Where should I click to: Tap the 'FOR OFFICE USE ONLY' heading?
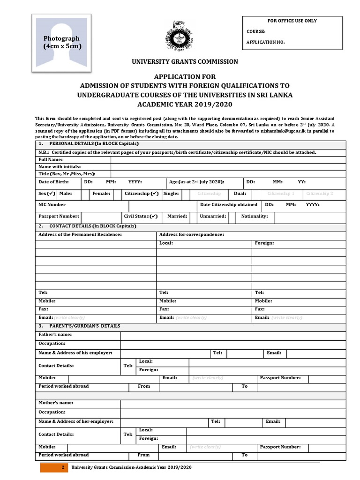292,21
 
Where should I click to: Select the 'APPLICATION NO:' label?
265,43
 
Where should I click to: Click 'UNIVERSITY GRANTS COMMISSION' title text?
185,61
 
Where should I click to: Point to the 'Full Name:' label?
51,160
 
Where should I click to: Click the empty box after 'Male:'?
84,194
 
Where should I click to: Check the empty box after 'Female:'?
117,194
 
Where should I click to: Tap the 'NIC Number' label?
52,205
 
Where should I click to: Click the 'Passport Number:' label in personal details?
59,217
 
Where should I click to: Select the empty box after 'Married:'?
192,217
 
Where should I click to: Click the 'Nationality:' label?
255,217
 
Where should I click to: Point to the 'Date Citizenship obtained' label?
229,205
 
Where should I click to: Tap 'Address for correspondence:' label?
192,234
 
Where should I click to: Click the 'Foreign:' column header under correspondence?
264,243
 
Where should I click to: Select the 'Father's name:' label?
55,335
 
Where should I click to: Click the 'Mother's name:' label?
56,403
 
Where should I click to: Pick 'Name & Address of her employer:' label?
76,421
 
